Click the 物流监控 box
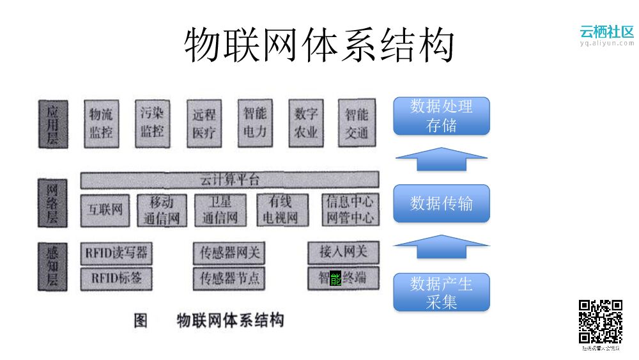tap(102, 123)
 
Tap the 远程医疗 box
tap(204, 123)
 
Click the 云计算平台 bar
tap(229, 180)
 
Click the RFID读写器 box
tap(116, 253)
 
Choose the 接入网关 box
tap(344, 253)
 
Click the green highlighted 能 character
tap(335, 279)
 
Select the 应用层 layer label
tap(52, 123)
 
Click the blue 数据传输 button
tap(442, 203)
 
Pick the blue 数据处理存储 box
tap(442, 116)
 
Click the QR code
tap(601, 322)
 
